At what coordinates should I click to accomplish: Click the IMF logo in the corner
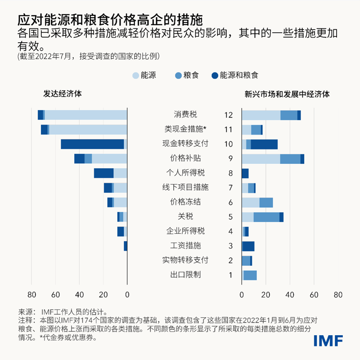tap(328, 341)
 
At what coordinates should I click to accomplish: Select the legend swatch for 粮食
tap(177, 76)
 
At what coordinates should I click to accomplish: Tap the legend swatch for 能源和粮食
tap(214, 76)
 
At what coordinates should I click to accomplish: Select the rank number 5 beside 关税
tap(230, 217)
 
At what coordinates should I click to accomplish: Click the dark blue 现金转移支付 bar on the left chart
tap(92, 144)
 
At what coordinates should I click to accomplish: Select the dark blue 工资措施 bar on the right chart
tap(248, 246)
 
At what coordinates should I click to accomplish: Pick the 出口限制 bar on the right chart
tap(250, 275)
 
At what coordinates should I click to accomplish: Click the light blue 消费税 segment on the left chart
tap(85, 115)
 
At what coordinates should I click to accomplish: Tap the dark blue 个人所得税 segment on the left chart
tap(103, 173)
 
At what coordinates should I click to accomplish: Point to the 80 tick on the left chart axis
tap(31, 295)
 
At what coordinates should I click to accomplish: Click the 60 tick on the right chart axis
tap(314, 295)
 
